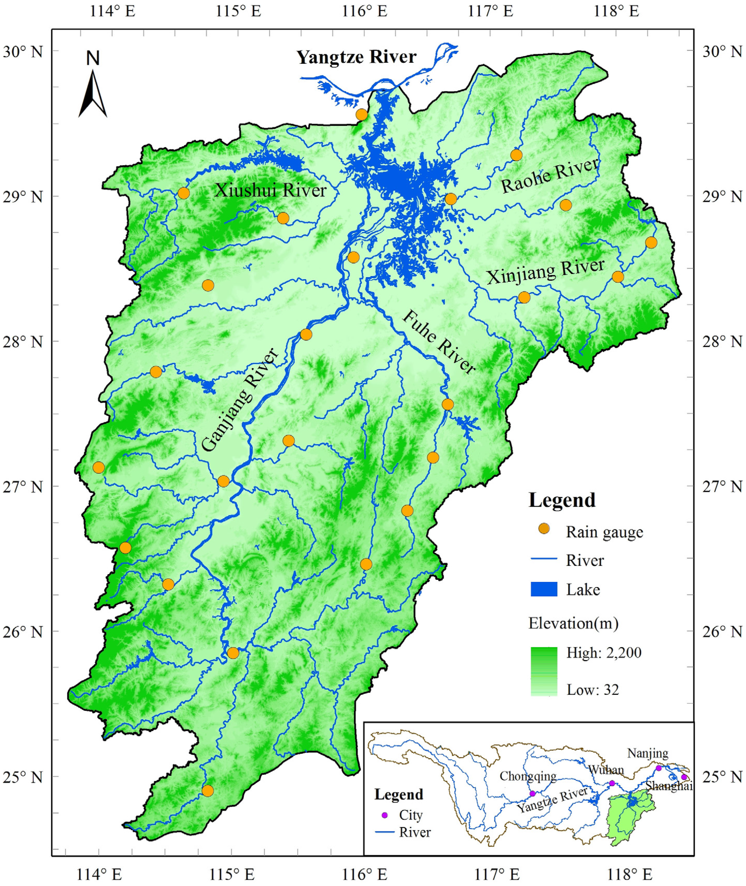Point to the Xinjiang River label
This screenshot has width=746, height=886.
(545, 271)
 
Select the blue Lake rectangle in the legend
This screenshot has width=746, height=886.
(544, 589)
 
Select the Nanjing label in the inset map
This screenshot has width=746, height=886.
(647, 753)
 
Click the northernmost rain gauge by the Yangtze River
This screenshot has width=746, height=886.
(361, 115)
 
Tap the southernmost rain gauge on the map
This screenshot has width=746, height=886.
(208, 791)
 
